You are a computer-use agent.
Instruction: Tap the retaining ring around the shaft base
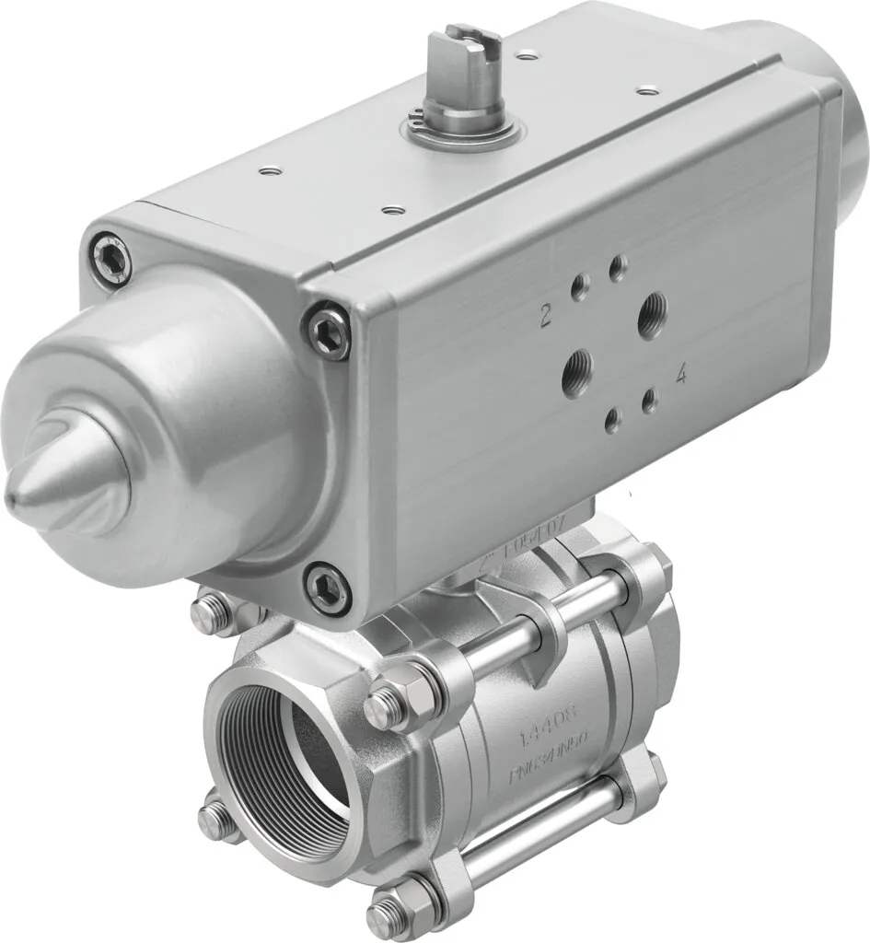460,134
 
